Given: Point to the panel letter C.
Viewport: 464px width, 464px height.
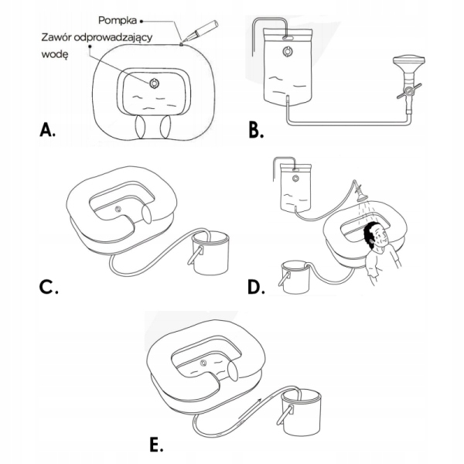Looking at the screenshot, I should [49, 288].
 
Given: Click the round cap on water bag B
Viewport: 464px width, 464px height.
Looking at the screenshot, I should [288, 53].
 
